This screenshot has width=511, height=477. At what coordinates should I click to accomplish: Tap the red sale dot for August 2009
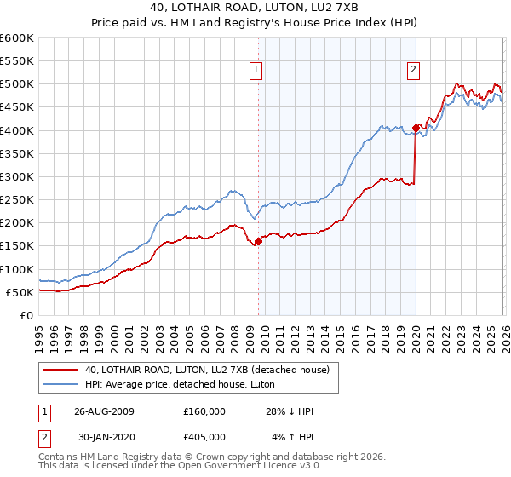(258, 241)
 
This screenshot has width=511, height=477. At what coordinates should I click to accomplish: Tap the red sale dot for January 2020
(416, 128)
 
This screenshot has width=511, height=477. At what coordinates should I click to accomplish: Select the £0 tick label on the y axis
(26, 315)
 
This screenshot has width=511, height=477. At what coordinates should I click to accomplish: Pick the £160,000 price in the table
(204, 411)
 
